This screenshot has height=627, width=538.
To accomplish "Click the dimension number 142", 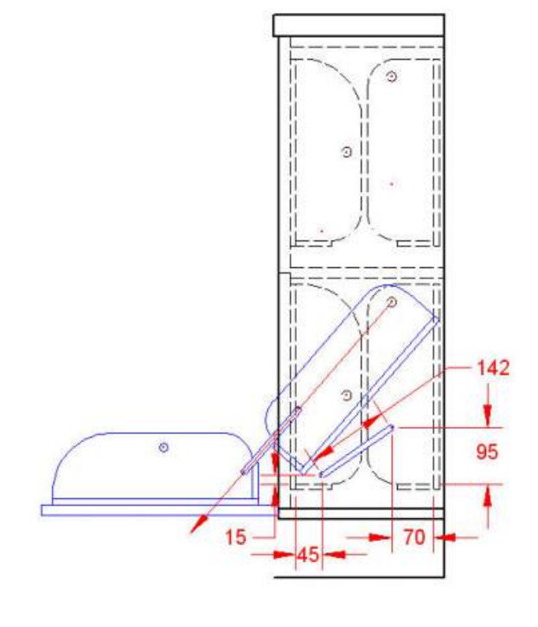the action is [493, 368].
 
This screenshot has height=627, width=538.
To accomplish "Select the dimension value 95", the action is [487, 451].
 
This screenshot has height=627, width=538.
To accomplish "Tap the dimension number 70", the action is [414, 537].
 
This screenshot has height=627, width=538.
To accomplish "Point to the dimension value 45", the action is [309, 554].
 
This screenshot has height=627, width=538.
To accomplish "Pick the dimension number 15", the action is [235, 537].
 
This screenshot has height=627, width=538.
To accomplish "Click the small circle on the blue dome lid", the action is [163, 447].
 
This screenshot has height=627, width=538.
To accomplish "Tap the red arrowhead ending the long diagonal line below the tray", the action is [198, 524].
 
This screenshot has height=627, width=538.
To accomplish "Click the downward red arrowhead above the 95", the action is [487, 416].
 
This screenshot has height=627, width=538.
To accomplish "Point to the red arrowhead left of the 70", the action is [379, 537].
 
